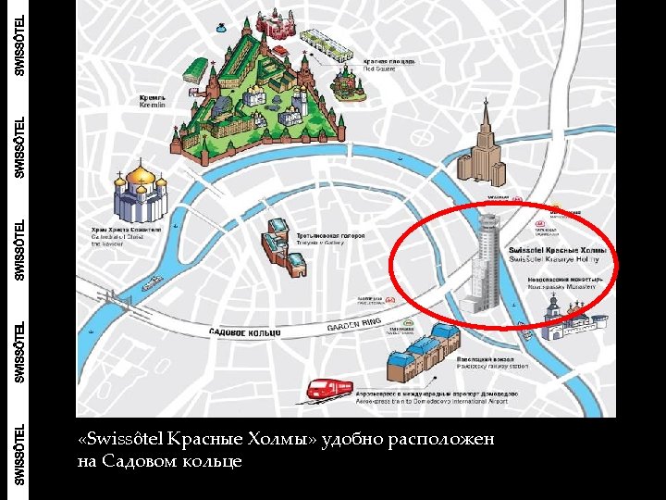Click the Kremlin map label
click(152, 100)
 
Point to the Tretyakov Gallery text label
click(330, 239)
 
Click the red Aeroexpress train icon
click(329, 390)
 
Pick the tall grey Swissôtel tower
click(485, 264)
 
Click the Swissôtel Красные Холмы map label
click(559, 255)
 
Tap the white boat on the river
click(154, 275)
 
